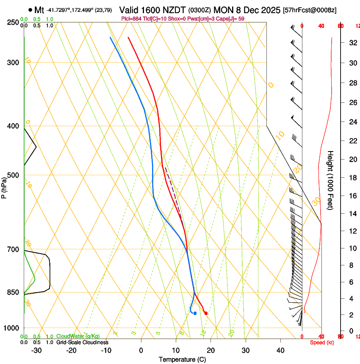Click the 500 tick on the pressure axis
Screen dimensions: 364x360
(12, 175)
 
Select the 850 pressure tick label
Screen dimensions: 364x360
(12, 292)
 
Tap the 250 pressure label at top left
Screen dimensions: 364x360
(12, 22)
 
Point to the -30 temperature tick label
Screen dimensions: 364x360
(36, 350)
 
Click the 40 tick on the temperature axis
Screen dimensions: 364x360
(280, 350)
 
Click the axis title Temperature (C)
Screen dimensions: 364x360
(182, 359)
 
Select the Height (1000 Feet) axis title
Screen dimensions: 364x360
(330, 180)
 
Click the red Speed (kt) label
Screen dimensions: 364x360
(322, 342)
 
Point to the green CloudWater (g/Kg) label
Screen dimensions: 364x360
(78, 336)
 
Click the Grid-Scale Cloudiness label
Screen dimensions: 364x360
(82, 342)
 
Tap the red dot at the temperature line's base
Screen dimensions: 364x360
(206, 313)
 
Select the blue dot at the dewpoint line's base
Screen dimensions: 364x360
(195, 313)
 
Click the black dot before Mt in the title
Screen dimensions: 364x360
(30, 10)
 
